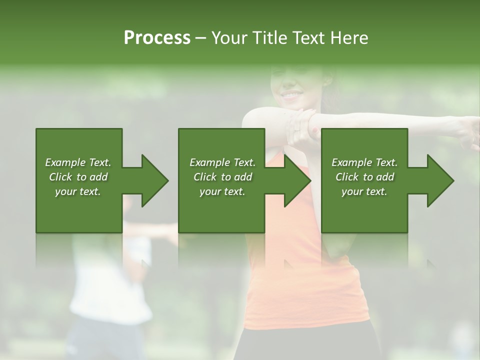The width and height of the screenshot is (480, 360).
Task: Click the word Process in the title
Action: tap(157, 38)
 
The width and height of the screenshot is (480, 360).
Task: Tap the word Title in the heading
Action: tap(270, 38)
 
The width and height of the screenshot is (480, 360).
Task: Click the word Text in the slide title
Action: tap(309, 38)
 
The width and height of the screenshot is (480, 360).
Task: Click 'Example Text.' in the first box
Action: tap(78, 162)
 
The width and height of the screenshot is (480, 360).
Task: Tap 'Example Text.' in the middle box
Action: tap(222, 162)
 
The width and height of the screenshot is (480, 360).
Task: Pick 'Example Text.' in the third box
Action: tap(364, 162)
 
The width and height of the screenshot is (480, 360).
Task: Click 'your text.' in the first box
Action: tap(78, 191)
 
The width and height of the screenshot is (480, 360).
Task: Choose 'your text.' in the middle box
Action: tap(222, 191)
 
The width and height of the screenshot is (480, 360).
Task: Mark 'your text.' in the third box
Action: tap(364, 191)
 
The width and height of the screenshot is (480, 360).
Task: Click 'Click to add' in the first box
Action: tap(78, 177)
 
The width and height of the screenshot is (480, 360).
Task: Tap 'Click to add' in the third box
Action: tap(364, 177)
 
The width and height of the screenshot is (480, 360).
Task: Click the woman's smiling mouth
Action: tap(291, 94)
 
